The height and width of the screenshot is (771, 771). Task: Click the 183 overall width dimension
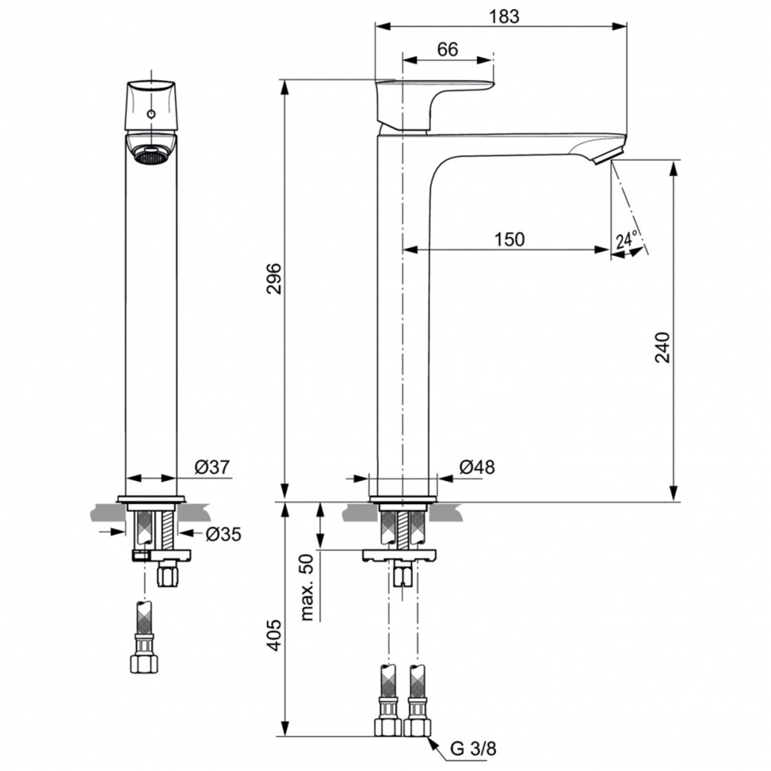tap(504, 16)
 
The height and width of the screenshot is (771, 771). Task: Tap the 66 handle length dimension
tap(447, 49)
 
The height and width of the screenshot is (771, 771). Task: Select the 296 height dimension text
tap(273, 278)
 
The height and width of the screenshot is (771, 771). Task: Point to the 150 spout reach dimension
tap(509, 239)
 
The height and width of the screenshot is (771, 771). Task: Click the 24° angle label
tap(626, 240)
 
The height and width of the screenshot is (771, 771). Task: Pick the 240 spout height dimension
tap(662, 347)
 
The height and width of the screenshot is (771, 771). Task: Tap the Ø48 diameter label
tap(477, 467)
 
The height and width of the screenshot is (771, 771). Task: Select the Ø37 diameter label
tap(212, 467)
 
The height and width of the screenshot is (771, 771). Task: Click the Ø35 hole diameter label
tap(223, 533)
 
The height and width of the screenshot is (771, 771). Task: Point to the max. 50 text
tap(306, 587)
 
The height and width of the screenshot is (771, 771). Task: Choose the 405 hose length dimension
tap(273, 635)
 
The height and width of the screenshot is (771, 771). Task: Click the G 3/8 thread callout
tap(473, 749)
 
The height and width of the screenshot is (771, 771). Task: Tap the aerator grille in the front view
tap(150, 157)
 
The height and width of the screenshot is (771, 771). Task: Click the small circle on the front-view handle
tap(152, 114)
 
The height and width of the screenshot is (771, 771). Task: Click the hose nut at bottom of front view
tap(144, 663)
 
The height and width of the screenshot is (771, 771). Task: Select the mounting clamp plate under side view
tap(399, 555)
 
